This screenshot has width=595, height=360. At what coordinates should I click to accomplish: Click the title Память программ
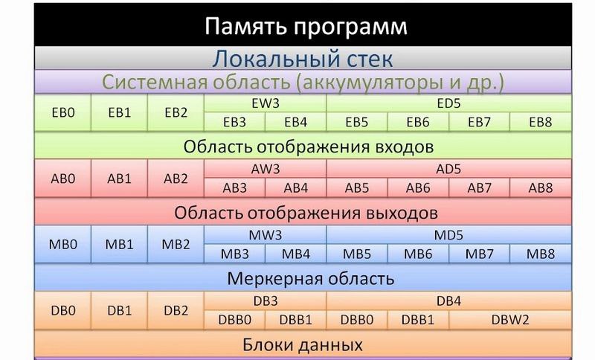coord(306,27)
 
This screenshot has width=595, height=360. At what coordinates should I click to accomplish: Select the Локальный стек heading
coord(303,59)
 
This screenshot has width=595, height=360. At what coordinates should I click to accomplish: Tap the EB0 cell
coord(62,112)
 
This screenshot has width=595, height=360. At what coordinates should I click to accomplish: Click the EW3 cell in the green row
coord(266,103)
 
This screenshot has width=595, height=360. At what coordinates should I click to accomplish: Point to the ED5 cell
coord(449,103)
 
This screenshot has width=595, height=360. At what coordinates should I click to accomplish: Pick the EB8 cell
coord(541,122)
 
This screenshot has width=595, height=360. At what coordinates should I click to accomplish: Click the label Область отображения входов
coord(309,147)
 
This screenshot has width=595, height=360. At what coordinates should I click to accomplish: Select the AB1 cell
coord(119,179)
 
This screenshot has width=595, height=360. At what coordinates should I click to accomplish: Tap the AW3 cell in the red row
coord(266,169)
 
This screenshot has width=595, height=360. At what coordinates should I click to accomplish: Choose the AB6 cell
coord(418,187)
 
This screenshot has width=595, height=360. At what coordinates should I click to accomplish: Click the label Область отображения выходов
coord(306,213)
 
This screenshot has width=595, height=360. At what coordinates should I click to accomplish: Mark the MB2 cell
coord(176,244)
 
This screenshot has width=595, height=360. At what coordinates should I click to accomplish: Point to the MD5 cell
coord(449,235)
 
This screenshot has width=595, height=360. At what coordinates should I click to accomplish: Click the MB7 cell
coord(480,254)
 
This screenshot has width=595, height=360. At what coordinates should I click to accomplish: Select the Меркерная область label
coord(311,279)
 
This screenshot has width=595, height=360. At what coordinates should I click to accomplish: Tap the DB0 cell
coord(62,310)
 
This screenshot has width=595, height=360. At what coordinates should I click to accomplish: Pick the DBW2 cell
coord(510,320)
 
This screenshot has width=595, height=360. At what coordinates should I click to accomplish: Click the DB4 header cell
coord(449,300)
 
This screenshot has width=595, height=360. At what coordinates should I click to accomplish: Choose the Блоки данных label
coord(303,345)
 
